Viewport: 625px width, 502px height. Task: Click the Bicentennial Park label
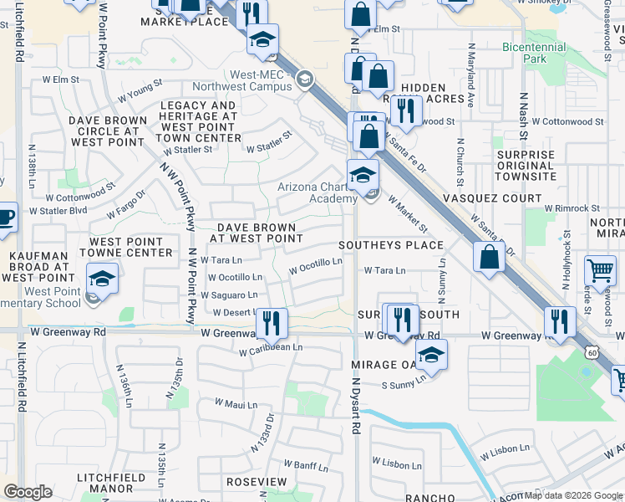click(x=536, y=54)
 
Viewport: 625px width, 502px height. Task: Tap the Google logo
click(x=28, y=492)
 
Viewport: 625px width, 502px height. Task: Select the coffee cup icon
click(x=5, y=217)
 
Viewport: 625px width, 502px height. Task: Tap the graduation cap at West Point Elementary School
click(x=102, y=279)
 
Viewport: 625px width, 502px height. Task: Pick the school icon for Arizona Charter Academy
click(x=363, y=175)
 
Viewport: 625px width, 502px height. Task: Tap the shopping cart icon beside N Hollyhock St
click(x=600, y=270)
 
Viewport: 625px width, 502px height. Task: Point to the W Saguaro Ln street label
click(x=228, y=295)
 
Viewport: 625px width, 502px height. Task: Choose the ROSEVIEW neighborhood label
click(x=256, y=483)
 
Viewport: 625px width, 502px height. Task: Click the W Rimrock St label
click(x=572, y=208)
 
